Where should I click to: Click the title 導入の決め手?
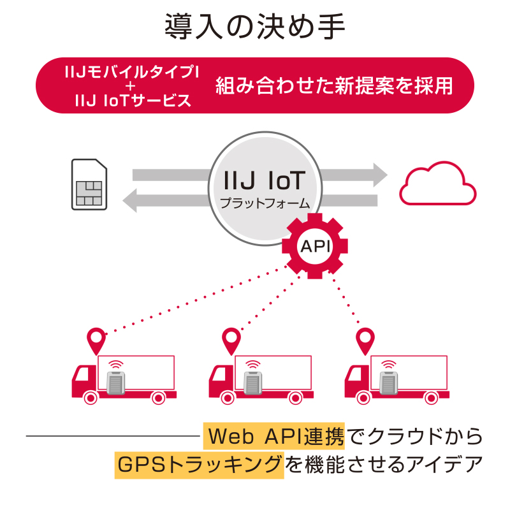(x=255, y=27)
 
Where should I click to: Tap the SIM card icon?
(x=89, y=184)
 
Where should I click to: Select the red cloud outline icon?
(x=437, y=186)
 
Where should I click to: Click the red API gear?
(x=315, y=245)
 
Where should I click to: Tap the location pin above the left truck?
(x=96, y=340)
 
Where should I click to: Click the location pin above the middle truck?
(x=230, y=340)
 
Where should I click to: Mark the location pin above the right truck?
(x=365, y=340)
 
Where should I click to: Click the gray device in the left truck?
(x=115, y=383)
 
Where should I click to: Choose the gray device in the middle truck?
(x=253, y=383)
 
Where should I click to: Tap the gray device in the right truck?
(x=389, y=383)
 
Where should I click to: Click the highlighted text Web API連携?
(x=274, y=437)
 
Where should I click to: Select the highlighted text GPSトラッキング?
(x=199, y=464)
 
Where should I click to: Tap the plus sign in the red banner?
(x=132, y=86)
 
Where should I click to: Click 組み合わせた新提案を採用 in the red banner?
(x=334, y=85)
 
